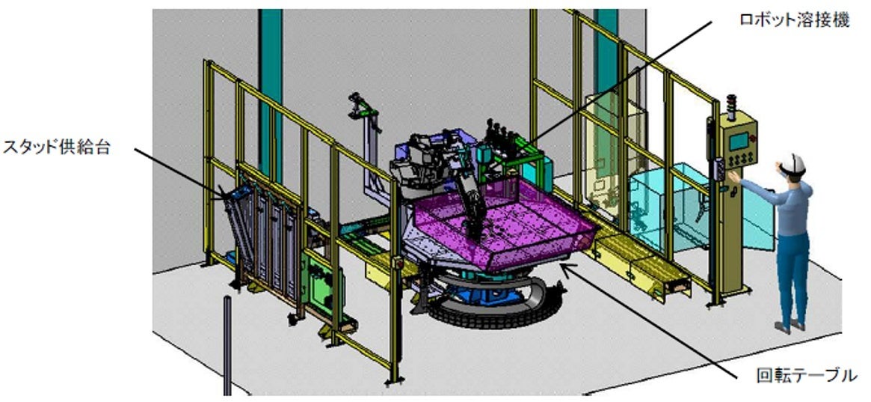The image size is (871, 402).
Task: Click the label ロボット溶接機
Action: click(794, 20)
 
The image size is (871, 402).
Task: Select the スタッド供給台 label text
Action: click(57, 147)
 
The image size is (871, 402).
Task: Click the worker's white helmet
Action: click(794, 162)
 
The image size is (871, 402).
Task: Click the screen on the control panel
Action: click(738, 141)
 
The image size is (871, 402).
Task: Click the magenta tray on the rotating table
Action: click(500, 222)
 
